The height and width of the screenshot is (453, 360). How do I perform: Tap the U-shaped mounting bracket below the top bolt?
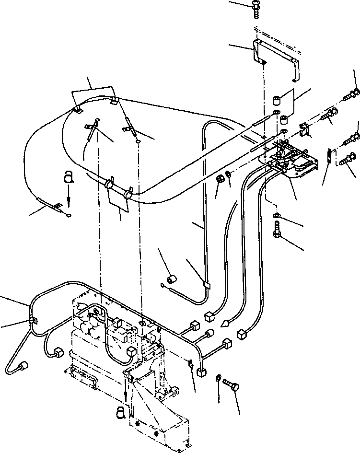coord(275,55)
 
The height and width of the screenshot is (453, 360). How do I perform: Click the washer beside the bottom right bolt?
coord(219,378)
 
